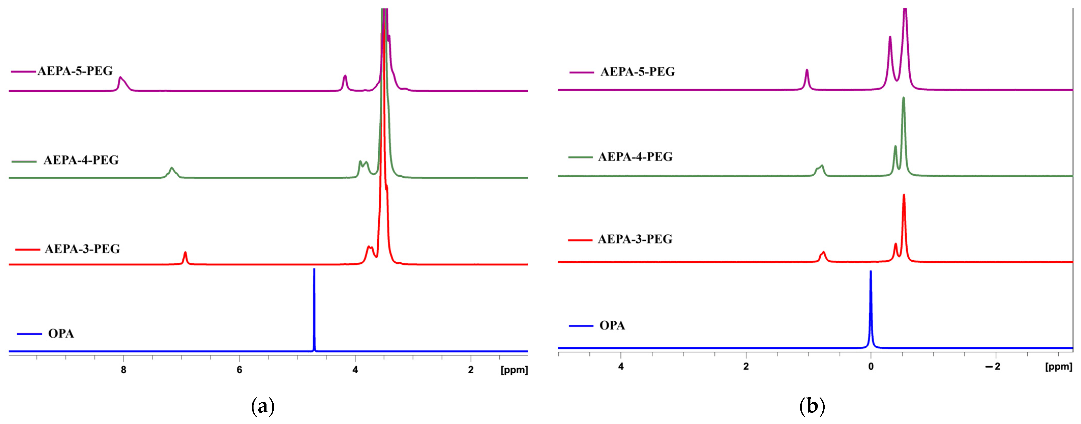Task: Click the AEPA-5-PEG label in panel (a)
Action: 75,71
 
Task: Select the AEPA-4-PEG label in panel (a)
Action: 81,160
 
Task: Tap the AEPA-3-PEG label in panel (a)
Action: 82,249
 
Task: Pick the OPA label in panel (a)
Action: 61,334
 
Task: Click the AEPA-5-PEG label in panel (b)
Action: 638,72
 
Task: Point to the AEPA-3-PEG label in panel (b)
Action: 635,239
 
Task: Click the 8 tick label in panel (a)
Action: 123,370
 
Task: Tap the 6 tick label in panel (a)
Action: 239,370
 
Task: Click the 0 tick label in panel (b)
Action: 871,366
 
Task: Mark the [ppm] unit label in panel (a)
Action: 514,370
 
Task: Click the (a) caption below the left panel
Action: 263,406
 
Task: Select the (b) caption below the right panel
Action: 812,406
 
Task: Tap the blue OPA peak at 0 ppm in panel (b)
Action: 871,294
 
